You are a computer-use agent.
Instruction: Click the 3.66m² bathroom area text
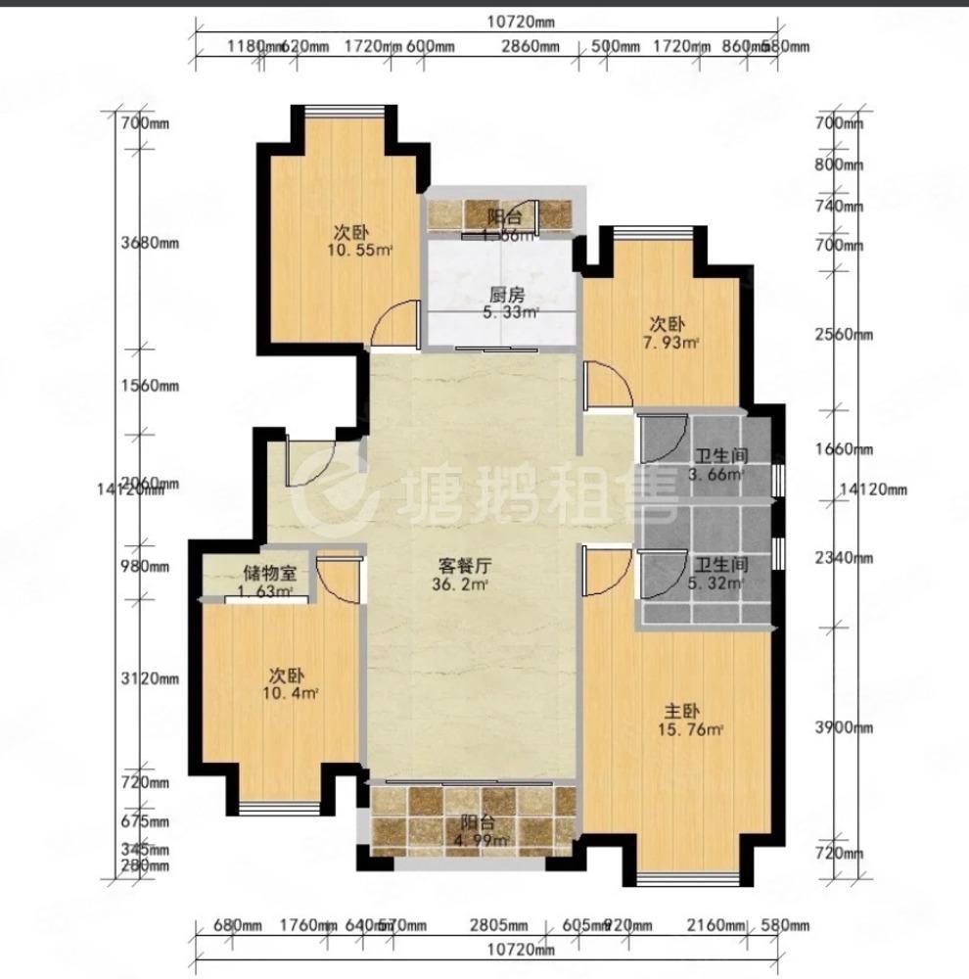point(715,475)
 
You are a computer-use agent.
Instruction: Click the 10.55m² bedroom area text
point(360,251)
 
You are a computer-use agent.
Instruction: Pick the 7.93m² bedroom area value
point(674,343)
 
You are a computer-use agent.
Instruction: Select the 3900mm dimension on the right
point(844,727)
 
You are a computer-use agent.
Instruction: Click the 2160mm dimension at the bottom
point(713,925)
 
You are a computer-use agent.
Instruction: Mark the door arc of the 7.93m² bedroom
point(605,385)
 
